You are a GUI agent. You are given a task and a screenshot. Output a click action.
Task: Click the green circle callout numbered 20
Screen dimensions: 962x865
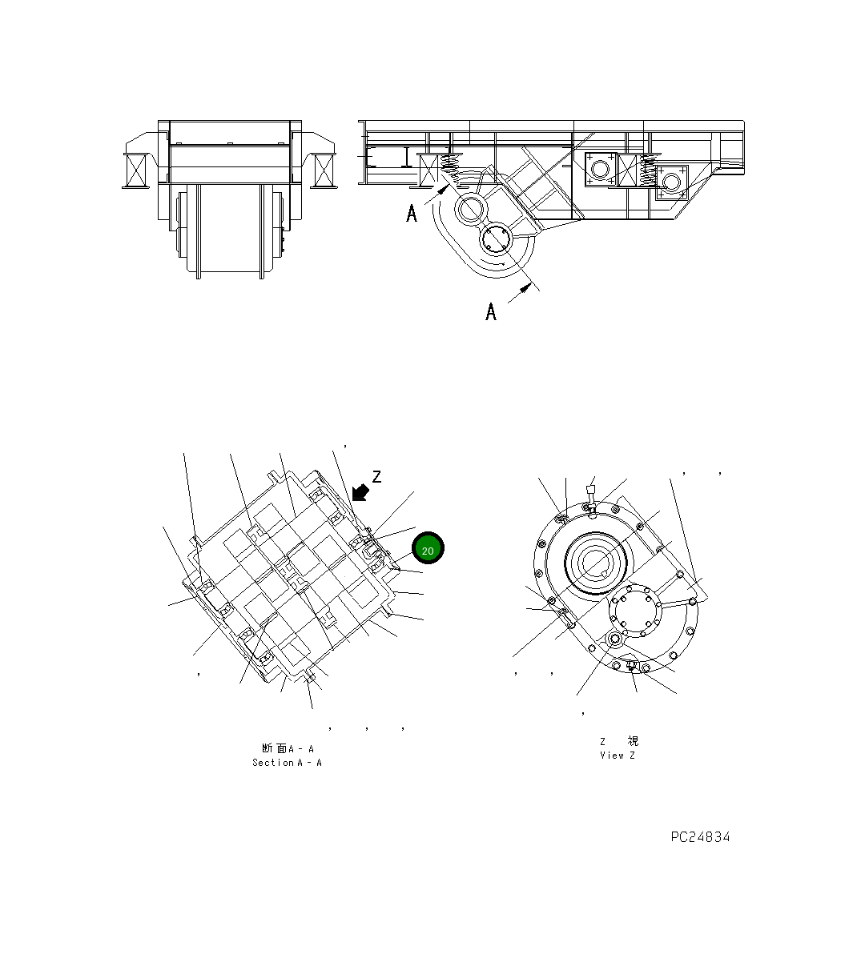pos(428,549)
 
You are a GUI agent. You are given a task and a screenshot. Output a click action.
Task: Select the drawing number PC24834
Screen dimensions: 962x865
pos(700,837)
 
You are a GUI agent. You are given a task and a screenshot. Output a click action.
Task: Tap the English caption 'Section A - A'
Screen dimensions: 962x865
pos(287,763)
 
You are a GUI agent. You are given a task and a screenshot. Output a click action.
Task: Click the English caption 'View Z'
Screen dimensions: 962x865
pos(617,755)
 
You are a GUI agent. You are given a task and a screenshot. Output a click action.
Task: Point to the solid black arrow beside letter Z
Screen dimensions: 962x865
pos(360,491)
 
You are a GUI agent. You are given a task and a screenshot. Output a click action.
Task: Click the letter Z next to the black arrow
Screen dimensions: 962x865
pos(376,477)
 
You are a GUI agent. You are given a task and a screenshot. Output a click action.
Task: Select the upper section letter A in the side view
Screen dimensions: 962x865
pos(412,214)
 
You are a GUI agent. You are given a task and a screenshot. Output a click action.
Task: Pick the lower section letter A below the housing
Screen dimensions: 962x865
pos(491,311)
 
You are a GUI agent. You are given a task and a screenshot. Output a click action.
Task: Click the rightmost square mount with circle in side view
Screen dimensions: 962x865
pos(671,182)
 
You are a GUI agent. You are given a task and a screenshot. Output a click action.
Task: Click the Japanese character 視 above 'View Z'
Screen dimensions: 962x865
pos(633,741)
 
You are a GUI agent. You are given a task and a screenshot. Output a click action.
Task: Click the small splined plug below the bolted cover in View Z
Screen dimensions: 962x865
pos(616,639)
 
